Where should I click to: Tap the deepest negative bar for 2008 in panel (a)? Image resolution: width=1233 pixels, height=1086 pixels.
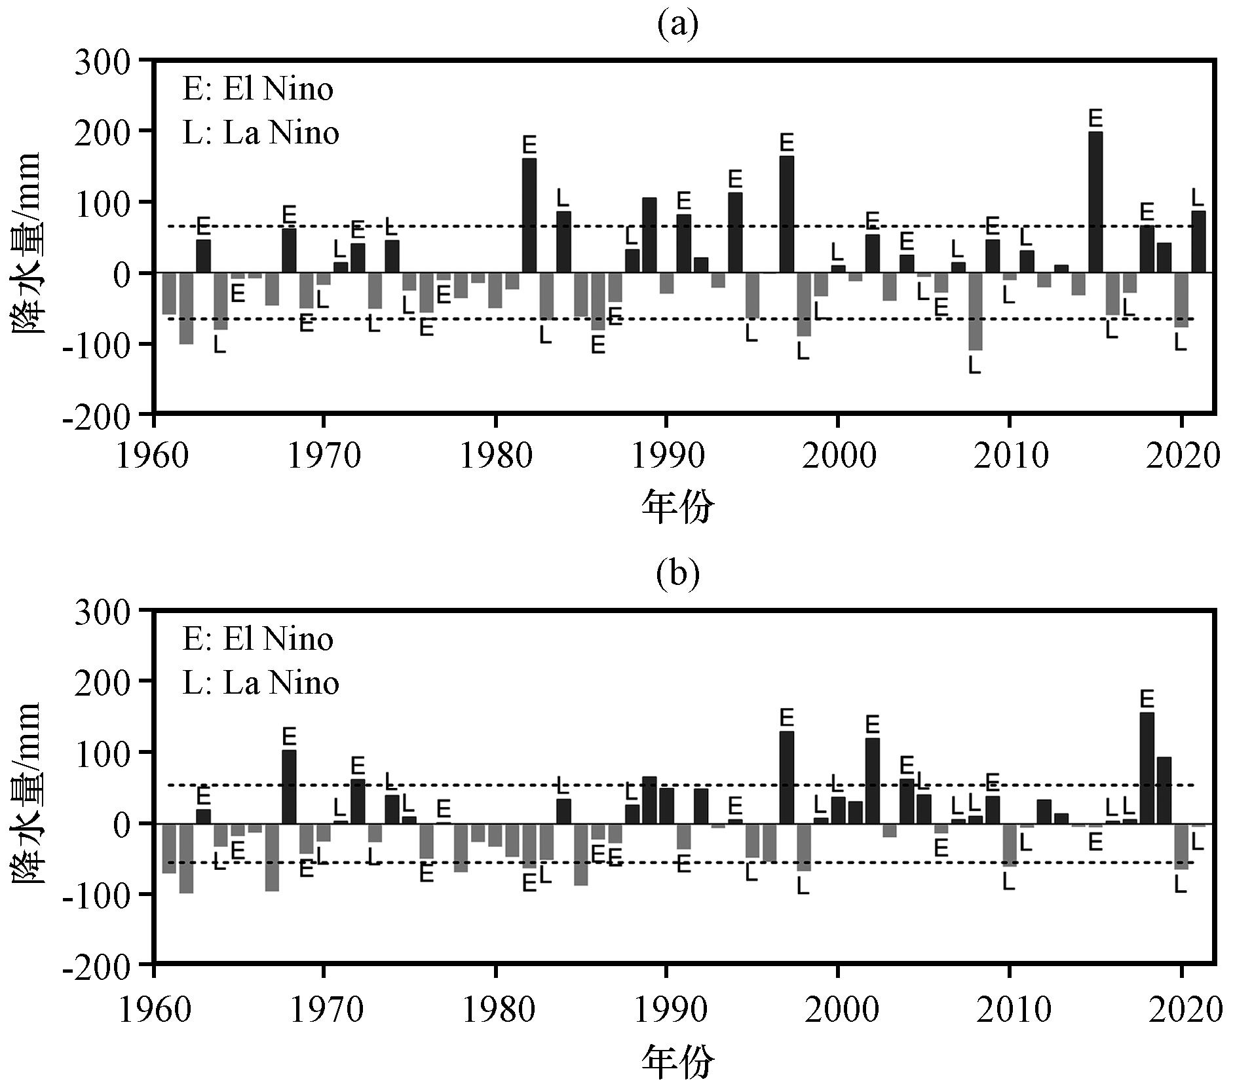point(975,311)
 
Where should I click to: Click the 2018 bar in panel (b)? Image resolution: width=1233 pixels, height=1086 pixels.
point(1147,768)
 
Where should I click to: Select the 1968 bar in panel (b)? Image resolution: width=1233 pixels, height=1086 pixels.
point(289,787)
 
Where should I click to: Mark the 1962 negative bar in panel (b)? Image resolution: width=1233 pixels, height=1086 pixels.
point(186,858)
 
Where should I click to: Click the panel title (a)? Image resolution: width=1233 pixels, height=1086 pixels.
point(677,24)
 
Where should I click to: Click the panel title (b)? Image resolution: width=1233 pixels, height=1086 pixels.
point(677,573)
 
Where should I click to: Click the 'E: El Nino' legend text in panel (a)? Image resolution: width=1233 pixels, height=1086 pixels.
point(257,89)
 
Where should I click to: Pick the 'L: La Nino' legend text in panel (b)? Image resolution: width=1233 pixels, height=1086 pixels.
point(260,683)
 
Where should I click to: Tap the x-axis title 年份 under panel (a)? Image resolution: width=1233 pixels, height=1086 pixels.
point(677,506)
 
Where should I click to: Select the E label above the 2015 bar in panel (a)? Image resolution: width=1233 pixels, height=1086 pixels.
point(1095,119)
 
